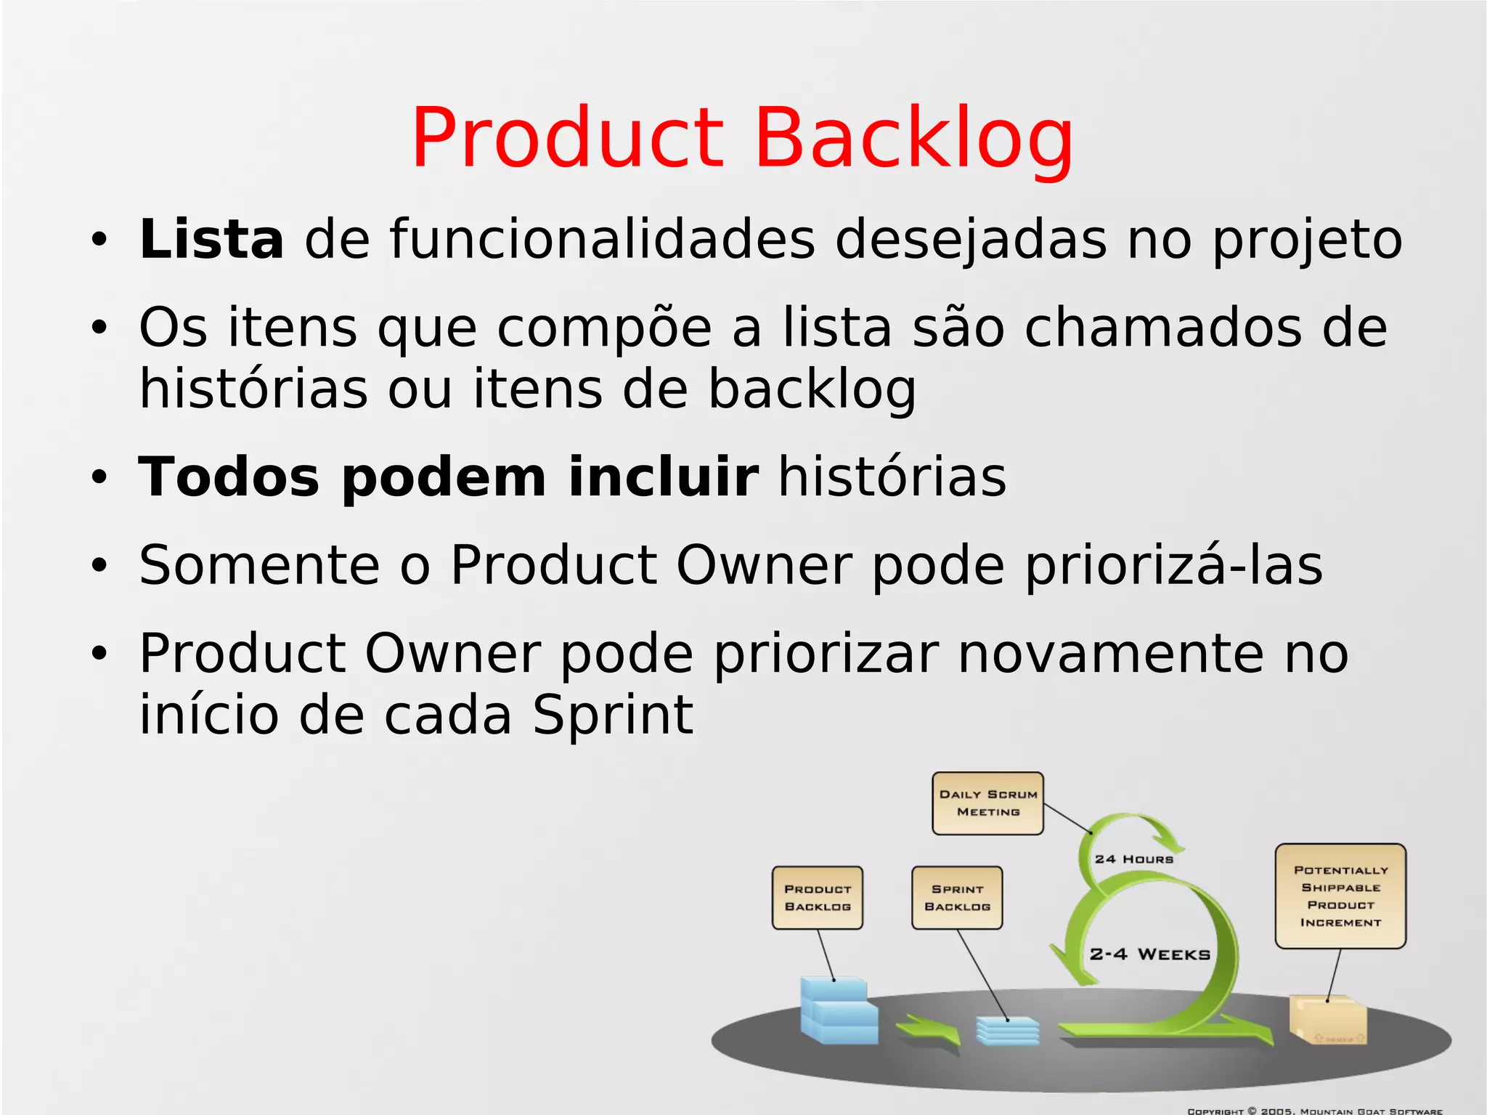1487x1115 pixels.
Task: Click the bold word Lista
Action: [x=211, y=239]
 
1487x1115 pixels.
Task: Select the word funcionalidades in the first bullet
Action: [x=603, y=239]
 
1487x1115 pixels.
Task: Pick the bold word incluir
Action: [x=664, y=477]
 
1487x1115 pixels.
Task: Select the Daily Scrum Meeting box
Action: [x=987, y=803]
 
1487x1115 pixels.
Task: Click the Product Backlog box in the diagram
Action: [x=817, y=898]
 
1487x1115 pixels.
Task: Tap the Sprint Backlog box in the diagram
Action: [x=957, y=898]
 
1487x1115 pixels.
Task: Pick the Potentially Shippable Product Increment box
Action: [x=1340, y=896]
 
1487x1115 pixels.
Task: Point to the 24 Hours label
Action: [x=1133, y=859]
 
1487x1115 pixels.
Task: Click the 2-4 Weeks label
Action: [x=1149, y=954]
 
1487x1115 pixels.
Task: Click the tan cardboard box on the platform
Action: [x=1327, y=1021]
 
